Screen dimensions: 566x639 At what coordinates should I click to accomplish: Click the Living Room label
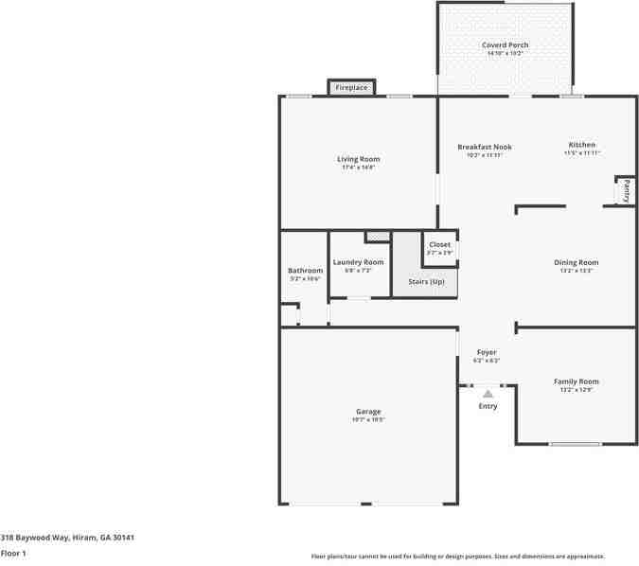(359, 159)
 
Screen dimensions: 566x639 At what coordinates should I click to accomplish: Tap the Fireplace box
(351, 88)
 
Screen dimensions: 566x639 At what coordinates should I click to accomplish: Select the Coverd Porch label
(505, 44)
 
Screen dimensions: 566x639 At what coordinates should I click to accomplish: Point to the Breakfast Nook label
(484, 147)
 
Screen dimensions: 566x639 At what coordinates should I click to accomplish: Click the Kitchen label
(582, 145)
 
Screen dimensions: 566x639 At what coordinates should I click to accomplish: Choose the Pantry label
(626, 190)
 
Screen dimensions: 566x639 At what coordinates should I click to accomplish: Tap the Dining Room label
(576, 262)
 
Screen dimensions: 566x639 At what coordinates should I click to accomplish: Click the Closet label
(440, 244)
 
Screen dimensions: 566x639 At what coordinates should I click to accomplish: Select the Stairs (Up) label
(425, 281)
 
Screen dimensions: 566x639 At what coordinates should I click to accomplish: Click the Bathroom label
(305, 271)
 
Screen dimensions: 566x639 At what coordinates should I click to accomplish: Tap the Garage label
(368, 411)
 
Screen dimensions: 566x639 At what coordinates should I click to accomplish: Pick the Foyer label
(487, 352)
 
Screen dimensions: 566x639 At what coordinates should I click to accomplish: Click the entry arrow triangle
(488, 393)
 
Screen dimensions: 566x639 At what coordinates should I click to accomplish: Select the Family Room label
(576, 381)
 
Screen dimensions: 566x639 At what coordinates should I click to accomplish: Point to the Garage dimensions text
(368, 419)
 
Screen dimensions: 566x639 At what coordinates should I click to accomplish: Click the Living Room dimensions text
(359, 168)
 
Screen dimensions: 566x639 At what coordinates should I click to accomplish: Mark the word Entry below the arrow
(488, 406)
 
